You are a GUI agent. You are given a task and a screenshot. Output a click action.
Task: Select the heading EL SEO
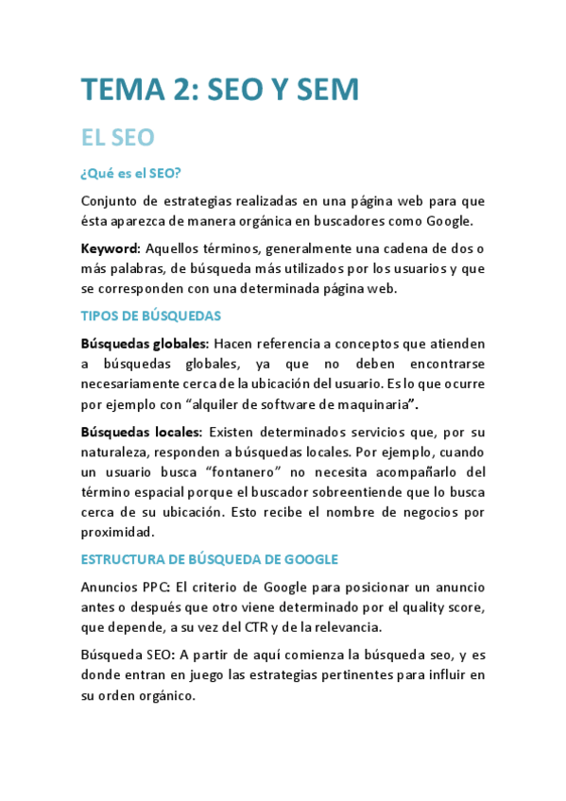tap(117, 138)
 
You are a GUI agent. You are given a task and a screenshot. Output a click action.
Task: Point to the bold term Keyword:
tap(110, 248)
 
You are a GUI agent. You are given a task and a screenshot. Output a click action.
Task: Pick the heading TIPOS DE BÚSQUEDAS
tap(150, 315)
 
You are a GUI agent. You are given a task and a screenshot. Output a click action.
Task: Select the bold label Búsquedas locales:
tap(140, 431)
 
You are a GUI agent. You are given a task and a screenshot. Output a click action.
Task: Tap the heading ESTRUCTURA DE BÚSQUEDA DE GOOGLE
tap(209, 558)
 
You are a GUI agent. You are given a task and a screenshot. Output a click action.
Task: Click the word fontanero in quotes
tap(289, 470)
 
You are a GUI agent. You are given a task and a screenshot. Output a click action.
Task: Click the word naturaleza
tap(117, 452)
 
